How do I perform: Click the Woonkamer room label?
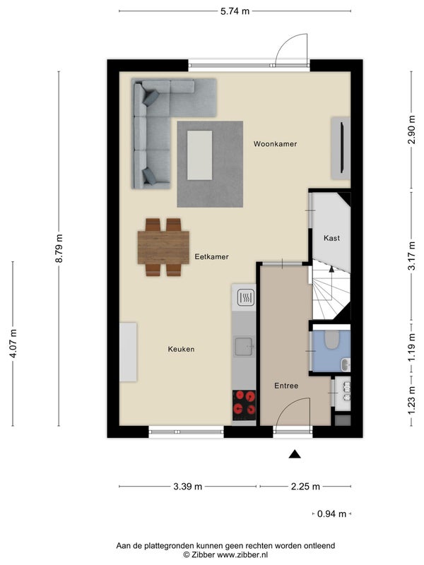click(x=275, y=144)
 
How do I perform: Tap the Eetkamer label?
click(x=211, y=257)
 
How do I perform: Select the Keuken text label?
click(x=181, y=349)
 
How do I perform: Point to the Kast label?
click(x=331, y=239)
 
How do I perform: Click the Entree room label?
click(x=286, y=386)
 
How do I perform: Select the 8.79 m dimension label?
click(x=61, y=249)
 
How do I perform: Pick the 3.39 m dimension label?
click(x=189, y=487)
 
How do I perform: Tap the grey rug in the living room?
click(x=211, y=165)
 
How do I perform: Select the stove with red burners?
click(x=244, y=405)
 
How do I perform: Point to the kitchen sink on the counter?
click(x=244, y=346)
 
